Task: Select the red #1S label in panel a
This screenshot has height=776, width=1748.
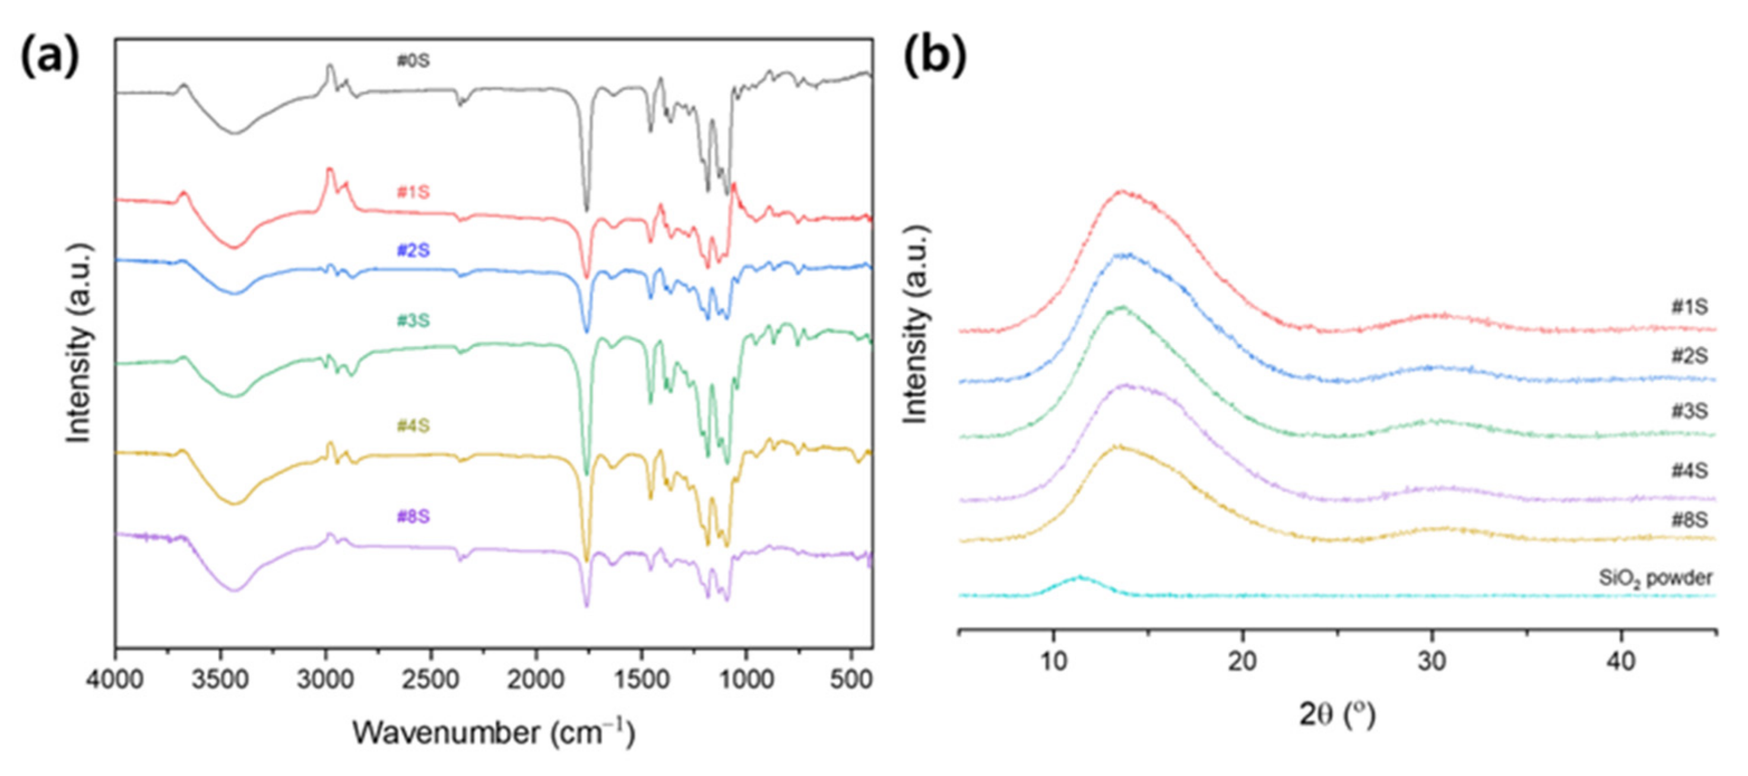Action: pos(413,192)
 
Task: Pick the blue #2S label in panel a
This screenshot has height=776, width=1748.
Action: pos(413,250)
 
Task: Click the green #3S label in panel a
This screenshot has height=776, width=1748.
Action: pos(413,320)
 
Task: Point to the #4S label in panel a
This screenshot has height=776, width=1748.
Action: pos(413,426)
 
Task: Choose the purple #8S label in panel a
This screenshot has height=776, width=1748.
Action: pos(413,517)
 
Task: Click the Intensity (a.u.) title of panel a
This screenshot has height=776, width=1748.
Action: pos(80,342)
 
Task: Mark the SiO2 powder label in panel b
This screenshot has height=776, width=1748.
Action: pos(1656,578)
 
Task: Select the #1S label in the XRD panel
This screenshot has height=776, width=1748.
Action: pos(1689,307)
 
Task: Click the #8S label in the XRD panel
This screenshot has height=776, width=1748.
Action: pos(1689,520)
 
